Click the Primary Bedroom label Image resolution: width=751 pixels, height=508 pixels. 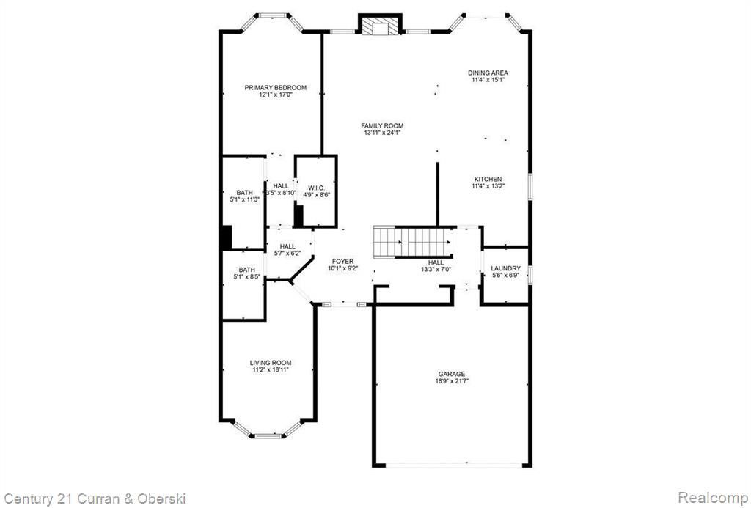(x=276, y=88)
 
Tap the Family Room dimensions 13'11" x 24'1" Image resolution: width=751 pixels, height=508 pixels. (x=381, y=133)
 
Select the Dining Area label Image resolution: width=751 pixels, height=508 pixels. (x=488, y=73)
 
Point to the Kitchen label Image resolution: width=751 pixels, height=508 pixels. (x=488, y=179)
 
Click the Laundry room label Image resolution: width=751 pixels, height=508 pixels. (x=505, y=268)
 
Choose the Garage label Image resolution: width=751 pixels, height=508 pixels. (x=452, y=374)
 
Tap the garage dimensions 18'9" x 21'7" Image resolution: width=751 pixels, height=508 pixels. (x=452, y=381)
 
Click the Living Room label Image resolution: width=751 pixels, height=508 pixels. (x=271, y=363)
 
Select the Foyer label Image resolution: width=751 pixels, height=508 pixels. (x=343, y=262)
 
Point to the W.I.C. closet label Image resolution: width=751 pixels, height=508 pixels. (x=317, y=188)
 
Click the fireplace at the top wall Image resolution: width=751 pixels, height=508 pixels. (x=380, y=25)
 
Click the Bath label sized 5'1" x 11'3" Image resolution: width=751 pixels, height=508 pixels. (x=245, y=193)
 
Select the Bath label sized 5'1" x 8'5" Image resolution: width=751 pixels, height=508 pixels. (x=247, y=270)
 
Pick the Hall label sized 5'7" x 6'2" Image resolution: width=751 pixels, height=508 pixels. (x=287, y=246)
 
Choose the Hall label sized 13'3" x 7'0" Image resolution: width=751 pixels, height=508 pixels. (x=436, y=262)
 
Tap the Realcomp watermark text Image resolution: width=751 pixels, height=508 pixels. (x=713, y=497)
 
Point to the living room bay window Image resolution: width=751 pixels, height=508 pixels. (x=268, y=430)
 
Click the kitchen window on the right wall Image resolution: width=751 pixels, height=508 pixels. (x=530, y=185)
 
